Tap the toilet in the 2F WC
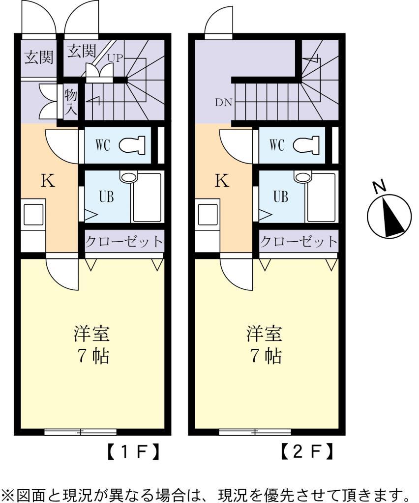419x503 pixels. click(306, 145)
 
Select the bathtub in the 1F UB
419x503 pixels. click(147, 197)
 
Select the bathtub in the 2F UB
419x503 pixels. click(320, 197)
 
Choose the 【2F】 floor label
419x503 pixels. click(306, 451)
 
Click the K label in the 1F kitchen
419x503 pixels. click(47, 181)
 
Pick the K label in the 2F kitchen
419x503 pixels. click(222, 181)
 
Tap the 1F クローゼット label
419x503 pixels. click(123, 242)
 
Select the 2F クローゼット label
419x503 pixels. click(299, 242)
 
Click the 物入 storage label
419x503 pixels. click(70, 102)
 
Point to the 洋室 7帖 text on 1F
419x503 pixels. click(92, 344)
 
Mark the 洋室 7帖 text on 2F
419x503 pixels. click(266, 344)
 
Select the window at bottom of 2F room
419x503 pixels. click(255, 432)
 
